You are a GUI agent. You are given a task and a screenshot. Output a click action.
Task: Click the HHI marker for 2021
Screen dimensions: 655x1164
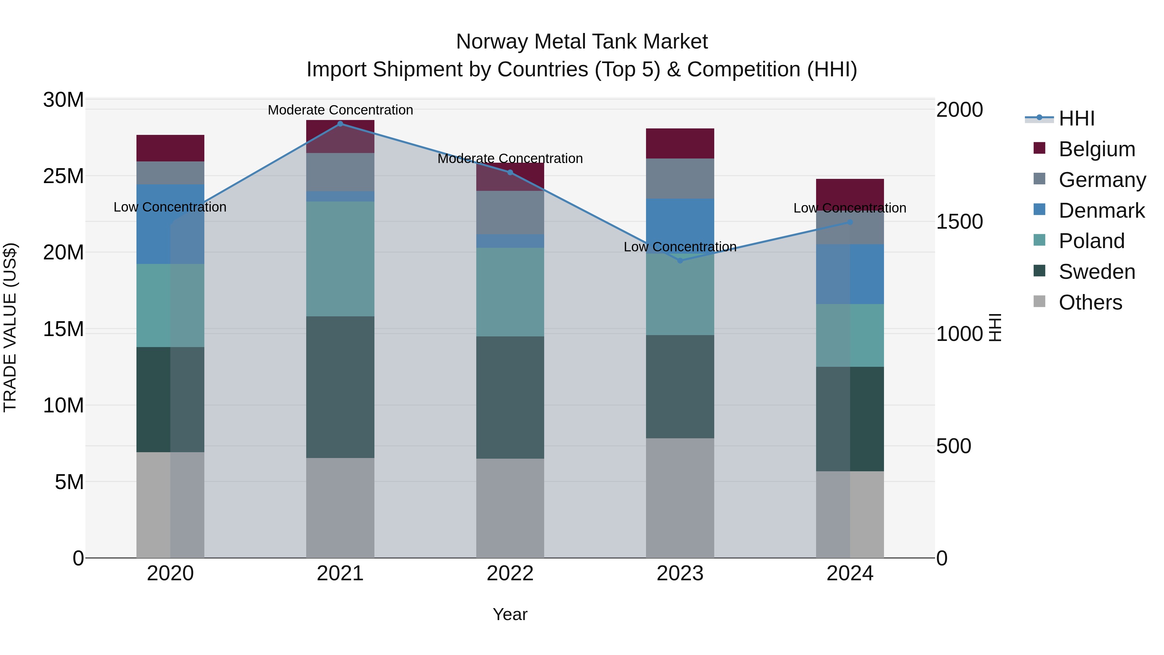(x=340, y=124)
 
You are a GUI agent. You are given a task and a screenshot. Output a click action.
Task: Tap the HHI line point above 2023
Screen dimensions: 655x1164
(x=680, y=260)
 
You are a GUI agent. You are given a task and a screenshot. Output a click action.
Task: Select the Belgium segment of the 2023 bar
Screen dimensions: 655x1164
(x=680, y=143)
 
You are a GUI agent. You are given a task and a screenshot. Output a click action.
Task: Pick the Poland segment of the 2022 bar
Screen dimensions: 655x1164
(x=510, y=292)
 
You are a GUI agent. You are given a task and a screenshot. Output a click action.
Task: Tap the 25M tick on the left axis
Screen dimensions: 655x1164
(x=63, y=176)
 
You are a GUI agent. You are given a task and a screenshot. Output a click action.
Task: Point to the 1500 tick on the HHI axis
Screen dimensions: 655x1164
(x=959, y=222)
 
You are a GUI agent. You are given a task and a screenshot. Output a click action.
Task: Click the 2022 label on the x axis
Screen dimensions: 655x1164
(x=510, y=573)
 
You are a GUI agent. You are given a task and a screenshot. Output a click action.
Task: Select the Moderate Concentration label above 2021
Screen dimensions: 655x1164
(x=340, y=110)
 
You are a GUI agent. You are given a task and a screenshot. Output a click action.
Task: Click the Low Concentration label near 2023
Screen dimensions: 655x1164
(x=680, y=247)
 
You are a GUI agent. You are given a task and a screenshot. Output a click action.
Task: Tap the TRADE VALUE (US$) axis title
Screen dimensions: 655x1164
(x=10, y=327)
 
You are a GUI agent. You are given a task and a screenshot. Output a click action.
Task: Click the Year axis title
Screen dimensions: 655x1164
(x=510, y=614)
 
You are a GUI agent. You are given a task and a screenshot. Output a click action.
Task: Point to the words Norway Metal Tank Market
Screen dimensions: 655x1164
(x=582, y=42)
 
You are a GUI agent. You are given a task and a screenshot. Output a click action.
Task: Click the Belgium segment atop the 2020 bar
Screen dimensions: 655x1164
(x=170, y=148)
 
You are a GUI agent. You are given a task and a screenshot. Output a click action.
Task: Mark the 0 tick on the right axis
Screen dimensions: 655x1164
(x=942, y=558)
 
